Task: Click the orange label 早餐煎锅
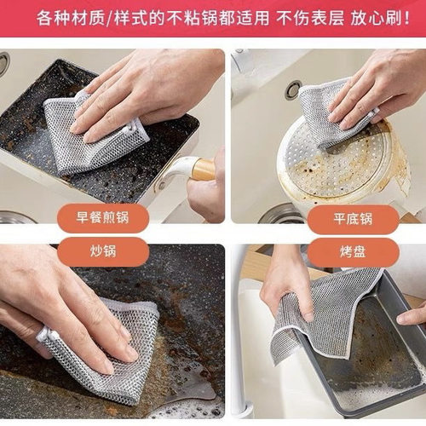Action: coord(106,219)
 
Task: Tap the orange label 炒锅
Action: coord(106,252)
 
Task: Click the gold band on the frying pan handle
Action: coord(204,169)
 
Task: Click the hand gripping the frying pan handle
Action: coord(210,192)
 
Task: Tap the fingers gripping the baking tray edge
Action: coord(413,315)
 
